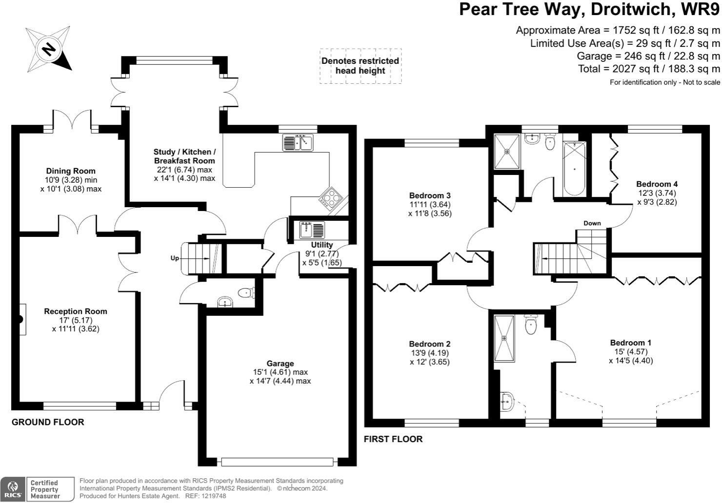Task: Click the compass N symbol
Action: (48, 50)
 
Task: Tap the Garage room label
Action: (280, 363)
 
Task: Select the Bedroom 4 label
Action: (657, 184)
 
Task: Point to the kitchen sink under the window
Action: (298, 142)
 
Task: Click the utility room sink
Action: (312, 230)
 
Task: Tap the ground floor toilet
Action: (246, 293)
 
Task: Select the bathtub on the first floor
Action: (574, 169)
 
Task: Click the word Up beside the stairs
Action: (175, 258)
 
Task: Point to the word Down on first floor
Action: (592, 223)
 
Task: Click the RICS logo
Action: (13, 489)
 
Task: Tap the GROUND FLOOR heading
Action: (48, 422)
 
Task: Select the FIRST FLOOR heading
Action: (393, 439)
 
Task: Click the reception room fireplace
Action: (21, 319)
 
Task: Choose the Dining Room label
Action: (71, 171)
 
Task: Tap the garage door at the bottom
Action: (277, 462)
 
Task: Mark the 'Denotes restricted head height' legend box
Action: (361, 66)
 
